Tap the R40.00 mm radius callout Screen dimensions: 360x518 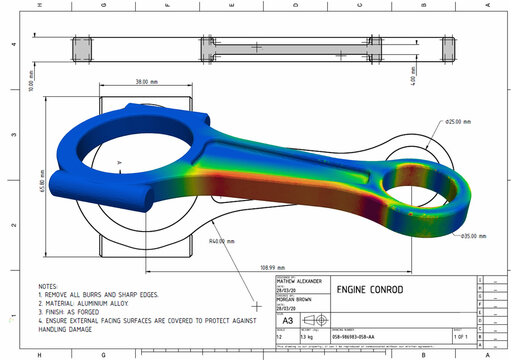pos(223,241)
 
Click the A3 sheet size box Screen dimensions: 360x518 pos(260,321)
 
